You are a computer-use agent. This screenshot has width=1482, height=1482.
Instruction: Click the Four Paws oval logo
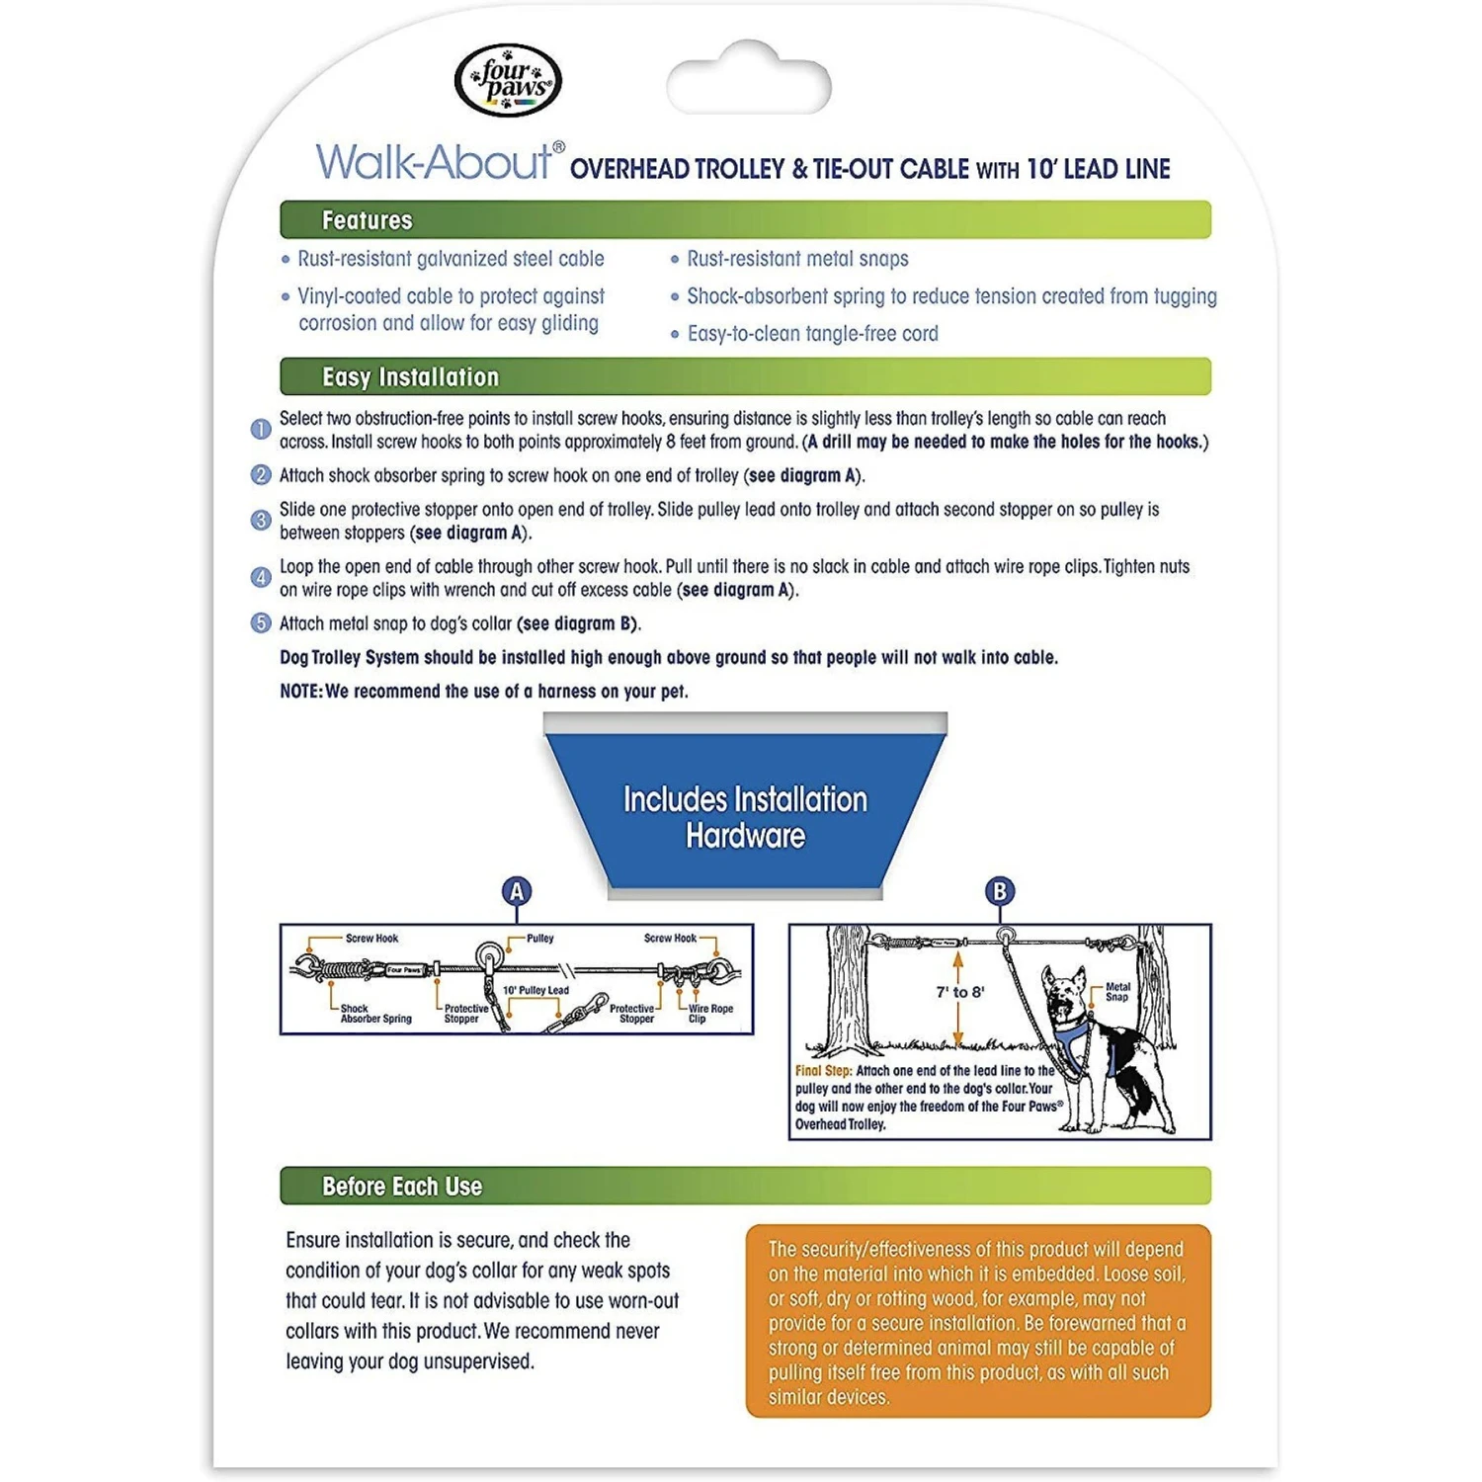pos(508,81)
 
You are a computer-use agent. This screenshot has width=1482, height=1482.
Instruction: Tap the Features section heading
pos(367,220)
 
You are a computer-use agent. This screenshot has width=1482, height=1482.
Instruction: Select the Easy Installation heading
pos(410,377)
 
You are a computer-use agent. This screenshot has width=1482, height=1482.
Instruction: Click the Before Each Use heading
pos(401,1187)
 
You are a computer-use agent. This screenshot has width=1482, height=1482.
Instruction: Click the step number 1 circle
pos(261,430)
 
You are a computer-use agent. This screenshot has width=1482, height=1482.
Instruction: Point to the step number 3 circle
pos(261,521)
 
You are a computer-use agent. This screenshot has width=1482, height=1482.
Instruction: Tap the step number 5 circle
pos(261,623)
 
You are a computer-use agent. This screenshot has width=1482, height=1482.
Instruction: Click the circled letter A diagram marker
pos(517,891)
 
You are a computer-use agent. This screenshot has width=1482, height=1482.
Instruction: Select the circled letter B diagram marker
pos(1000,891)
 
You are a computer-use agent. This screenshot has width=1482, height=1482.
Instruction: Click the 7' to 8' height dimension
pos(959,992)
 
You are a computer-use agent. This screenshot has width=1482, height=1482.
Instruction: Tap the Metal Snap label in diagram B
pos(1117,992)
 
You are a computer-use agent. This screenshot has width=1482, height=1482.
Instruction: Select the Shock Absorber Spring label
pos(375,1014)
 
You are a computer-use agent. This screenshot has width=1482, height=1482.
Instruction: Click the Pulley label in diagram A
pos(539,939)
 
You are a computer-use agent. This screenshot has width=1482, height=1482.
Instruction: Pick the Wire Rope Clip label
pos(710,1014)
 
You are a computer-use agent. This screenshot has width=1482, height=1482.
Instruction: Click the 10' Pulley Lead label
pos(535,990)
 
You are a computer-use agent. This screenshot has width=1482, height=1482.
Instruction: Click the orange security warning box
pos(978,1321)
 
